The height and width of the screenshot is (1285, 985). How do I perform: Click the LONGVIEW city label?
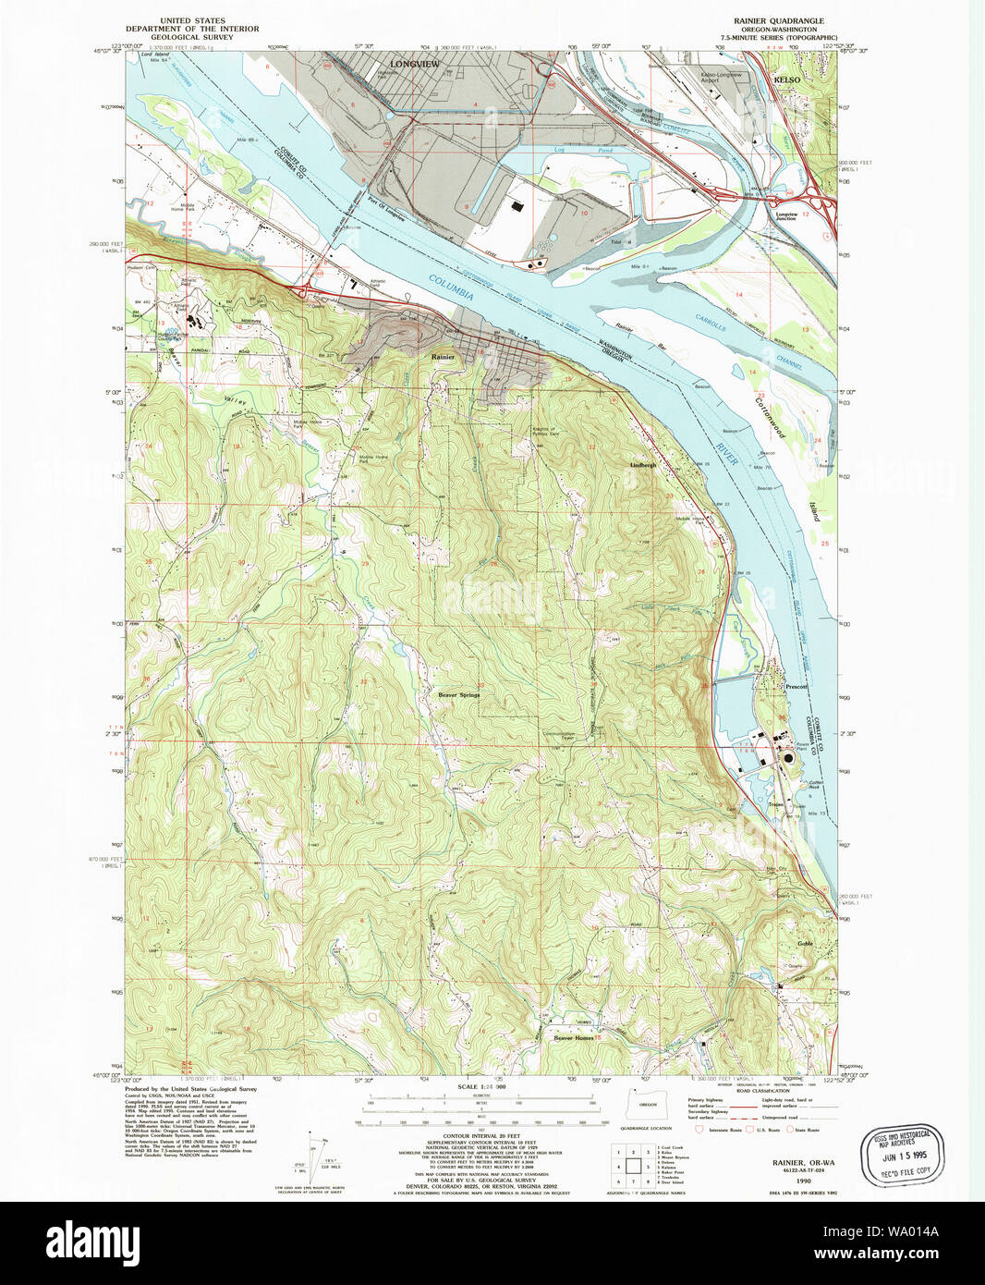tap(415, 64)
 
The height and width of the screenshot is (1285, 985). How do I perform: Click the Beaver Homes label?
tap(574, 1038)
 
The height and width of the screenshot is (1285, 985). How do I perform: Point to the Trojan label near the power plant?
tap(774, 805)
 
